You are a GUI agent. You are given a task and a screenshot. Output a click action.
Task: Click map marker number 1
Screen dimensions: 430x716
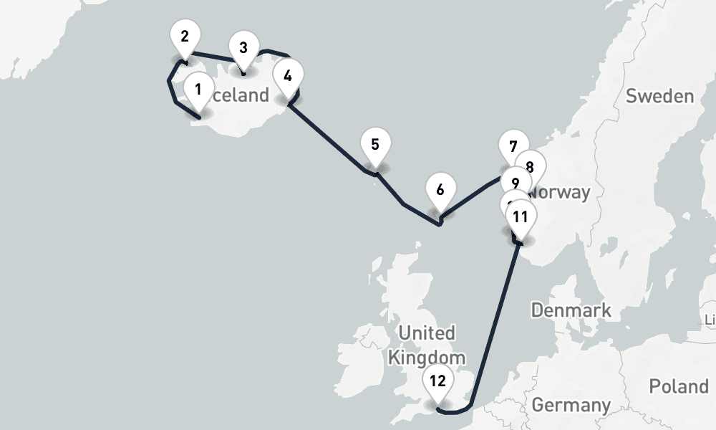(x=198, y=91)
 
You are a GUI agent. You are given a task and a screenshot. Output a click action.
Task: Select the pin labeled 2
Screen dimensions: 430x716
(x=185, y=37)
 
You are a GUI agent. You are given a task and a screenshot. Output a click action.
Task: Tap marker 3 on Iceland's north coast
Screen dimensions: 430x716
(x=243, y=49)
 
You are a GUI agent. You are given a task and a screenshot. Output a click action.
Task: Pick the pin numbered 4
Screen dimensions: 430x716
(x=288, y=76)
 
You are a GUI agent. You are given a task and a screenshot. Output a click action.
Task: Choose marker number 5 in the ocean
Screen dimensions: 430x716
(x=374, y=145)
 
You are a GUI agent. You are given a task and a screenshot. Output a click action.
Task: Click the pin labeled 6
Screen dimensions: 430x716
(x=440, y=191)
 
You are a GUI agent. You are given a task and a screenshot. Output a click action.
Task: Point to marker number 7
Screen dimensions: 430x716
(x=513, y=145)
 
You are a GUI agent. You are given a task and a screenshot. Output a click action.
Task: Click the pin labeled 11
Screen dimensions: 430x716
(x=521, y=216)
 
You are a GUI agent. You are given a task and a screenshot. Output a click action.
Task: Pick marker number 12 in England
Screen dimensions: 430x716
(x=438, y=381)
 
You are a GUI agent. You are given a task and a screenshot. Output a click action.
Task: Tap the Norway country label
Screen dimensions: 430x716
(x=559, y=193)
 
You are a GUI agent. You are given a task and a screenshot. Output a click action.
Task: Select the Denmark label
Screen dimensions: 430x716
(x=571, y=310)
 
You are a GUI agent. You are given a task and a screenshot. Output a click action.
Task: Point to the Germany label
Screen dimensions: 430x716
(x=571, y=406)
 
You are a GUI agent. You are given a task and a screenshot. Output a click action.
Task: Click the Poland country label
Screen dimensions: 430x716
(x=678, y=386)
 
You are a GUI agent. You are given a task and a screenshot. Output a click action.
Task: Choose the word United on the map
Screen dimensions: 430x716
(x=427, y=333)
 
